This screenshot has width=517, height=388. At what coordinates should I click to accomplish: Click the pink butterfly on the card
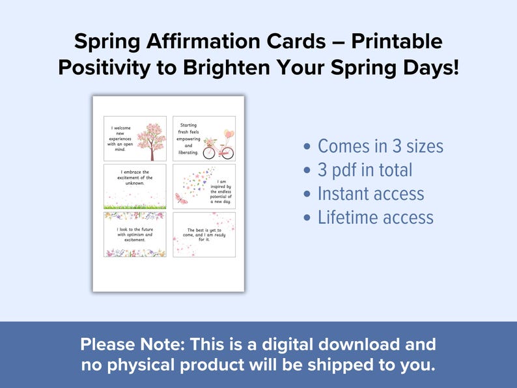click(x=182, y=199)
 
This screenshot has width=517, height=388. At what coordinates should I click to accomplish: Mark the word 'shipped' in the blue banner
click(x=335, y=365)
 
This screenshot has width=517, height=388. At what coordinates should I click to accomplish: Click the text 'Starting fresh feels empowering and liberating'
click(x=188, y=138)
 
